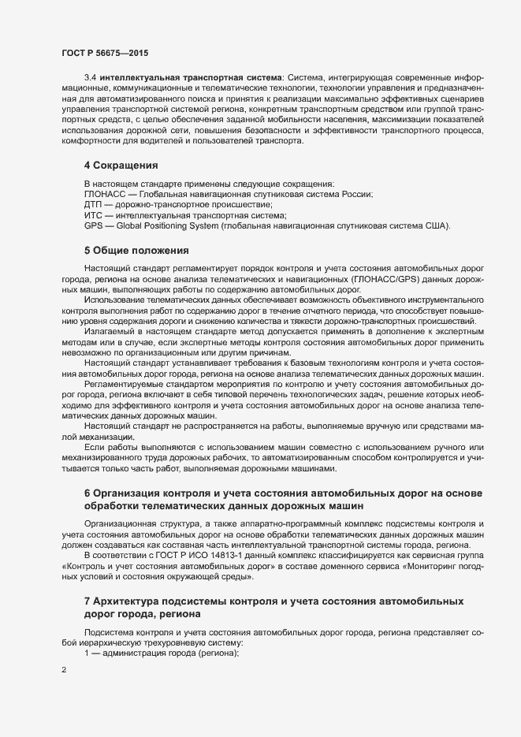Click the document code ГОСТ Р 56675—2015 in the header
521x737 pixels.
pyautogui.click(x=105, y=52)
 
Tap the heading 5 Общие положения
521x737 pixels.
pyautogui.click(x=136, y=251)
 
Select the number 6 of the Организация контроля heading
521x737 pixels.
pyautogui.click(x=87, y=493)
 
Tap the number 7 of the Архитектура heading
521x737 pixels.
pyautogui.click(x=87, y=601)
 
